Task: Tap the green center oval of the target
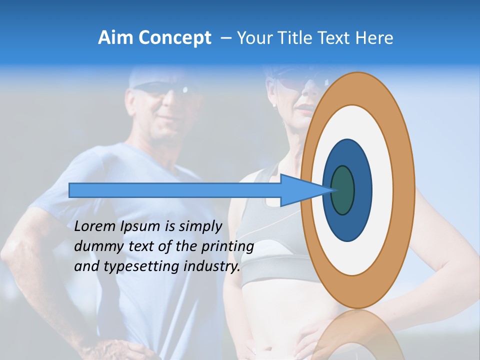342,190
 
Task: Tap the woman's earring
274,106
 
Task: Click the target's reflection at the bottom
358,335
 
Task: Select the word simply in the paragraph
200,226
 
